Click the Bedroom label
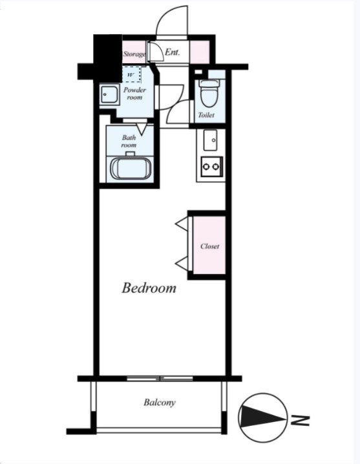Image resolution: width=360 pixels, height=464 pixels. click(x=149, y=288)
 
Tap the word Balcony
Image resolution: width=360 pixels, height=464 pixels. click(x=160, y=403)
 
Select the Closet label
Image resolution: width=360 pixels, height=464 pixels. click(x=209, y=246)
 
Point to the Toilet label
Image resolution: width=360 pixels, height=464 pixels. click(x=206, y=115)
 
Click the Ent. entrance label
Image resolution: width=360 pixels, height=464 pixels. click(x=173, y=52)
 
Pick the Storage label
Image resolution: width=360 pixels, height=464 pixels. click(x=134, y=54)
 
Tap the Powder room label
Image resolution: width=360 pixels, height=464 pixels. click(x=134, y=94)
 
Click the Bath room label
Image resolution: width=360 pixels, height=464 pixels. click(x=129, y=141)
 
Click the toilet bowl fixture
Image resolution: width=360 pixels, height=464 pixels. click(x=209, y=92)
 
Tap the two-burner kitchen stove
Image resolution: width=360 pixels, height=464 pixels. click(x=212, y=167)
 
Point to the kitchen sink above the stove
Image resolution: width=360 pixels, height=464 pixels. click(x=211, y=140)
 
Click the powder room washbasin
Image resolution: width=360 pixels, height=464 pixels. click(x=109, y=94)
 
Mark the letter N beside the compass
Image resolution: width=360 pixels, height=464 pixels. click(x=301, y=420)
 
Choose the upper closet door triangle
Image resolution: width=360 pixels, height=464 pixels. click(x=182, y=224)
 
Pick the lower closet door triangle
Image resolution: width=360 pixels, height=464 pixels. click(x=182, y=264)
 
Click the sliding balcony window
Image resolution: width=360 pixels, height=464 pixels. click(x=160, y=379)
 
